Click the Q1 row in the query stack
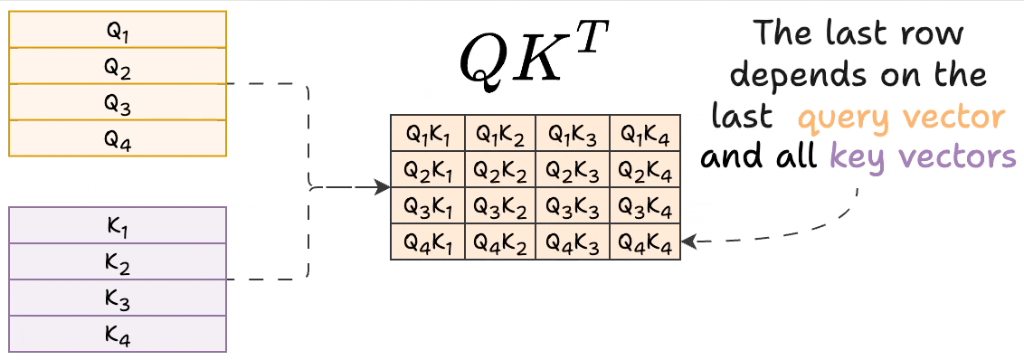coord(118,30)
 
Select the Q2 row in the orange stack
coord(118,66)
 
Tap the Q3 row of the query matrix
coord(118,102)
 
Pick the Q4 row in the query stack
coord(118,138)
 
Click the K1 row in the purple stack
coord(118,226)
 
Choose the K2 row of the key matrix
coord(118,262)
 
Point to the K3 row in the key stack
coord(118,298)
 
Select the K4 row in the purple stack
coord(118,335)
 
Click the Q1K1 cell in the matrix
coord(427,134)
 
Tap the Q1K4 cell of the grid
coord(645,134)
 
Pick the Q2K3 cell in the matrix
coord(573,170)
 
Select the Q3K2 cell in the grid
coord(500,206)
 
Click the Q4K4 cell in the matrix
coord(645,242)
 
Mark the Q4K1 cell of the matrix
coord(427,242)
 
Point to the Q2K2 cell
coord(500,170)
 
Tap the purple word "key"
coord(858,156)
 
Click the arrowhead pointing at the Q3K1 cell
coord(384,188)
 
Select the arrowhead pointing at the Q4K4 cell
coord(688,242)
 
